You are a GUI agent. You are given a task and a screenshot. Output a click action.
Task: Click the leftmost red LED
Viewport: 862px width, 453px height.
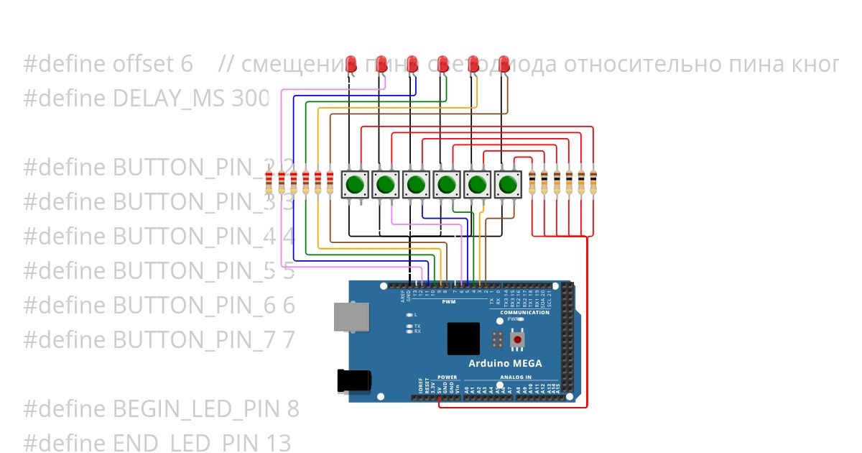tap(351, 63)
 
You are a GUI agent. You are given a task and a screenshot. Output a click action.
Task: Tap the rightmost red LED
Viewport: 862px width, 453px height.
tap(504, 63)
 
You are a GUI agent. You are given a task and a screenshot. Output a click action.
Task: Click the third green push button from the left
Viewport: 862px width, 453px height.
tap(415, 185)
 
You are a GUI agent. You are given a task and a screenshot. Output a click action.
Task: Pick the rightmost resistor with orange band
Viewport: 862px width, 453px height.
tap(593, 183)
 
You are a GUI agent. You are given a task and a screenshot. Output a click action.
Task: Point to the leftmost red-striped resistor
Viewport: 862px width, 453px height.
tap(269, 183)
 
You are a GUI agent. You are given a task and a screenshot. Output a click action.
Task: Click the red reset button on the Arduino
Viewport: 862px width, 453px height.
tap(516, 339)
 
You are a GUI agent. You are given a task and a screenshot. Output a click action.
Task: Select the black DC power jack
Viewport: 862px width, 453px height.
tap(354, 381)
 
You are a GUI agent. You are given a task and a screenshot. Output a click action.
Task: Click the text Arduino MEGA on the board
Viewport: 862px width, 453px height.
tap(505, 363)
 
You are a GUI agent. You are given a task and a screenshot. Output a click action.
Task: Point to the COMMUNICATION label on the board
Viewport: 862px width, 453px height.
tap(525, 313)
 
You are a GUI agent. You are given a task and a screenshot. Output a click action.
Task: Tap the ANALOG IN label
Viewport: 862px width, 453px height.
tap(513, 377)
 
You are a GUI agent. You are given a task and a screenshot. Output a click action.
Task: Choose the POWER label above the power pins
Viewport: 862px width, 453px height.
tap(447, 377)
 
